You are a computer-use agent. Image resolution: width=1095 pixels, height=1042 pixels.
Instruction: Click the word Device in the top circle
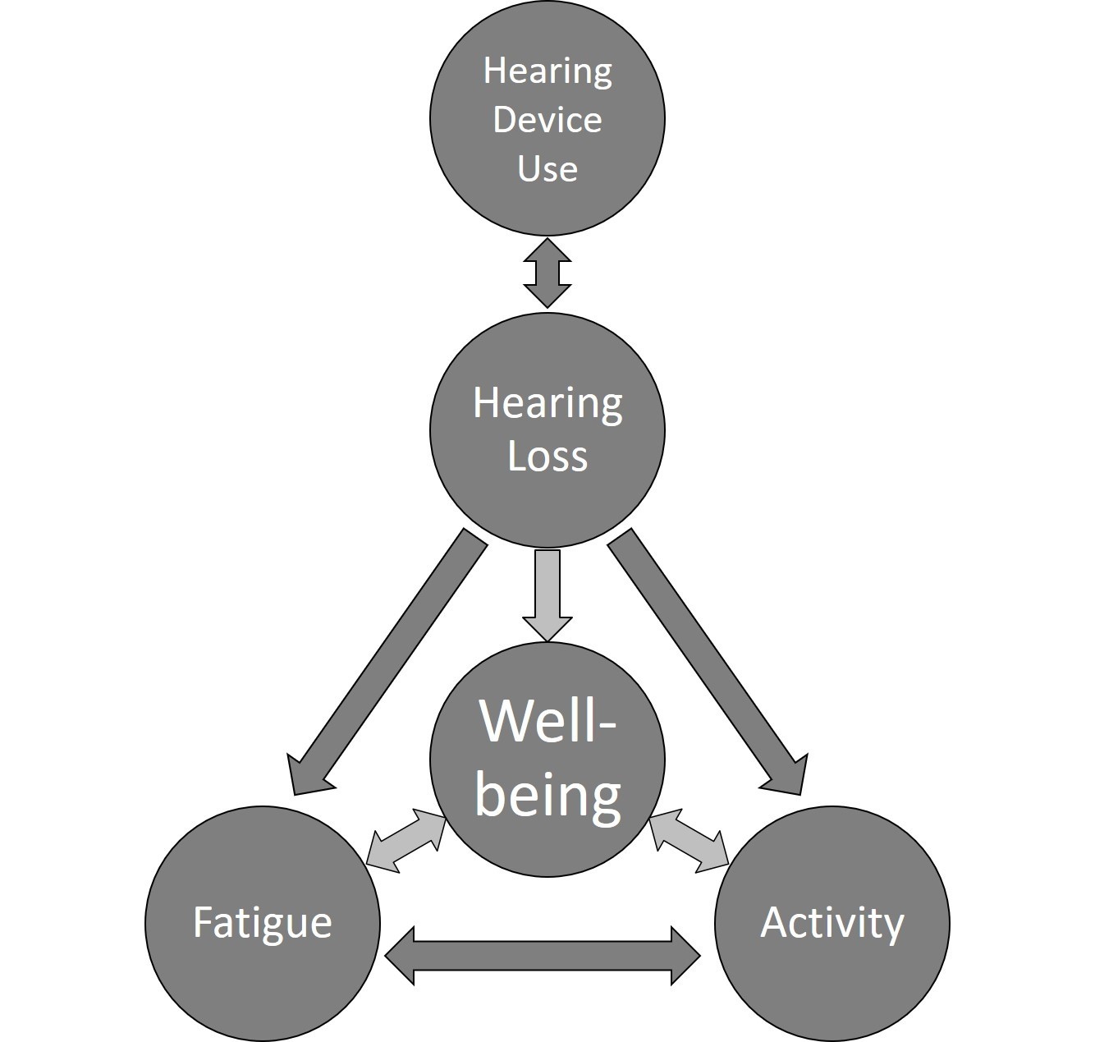click(547, 120)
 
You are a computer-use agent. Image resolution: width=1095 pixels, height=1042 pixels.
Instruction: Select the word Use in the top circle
click(547, 168)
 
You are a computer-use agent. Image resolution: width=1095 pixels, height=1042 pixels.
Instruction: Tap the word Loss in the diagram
click(547, 457)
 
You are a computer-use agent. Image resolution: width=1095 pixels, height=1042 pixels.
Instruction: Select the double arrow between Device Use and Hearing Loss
click(547, 273)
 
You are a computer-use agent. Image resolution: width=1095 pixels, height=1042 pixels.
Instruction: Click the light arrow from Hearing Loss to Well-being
click(547, 595)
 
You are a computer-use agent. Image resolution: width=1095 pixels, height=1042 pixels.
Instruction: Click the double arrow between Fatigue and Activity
click(542, 956)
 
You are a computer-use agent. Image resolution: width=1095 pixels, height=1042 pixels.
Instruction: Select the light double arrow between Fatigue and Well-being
click(406, 841)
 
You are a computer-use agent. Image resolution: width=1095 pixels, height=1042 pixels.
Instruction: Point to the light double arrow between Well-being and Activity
click(689, 841)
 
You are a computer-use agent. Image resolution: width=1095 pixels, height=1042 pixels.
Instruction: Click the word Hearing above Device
click(547, 72)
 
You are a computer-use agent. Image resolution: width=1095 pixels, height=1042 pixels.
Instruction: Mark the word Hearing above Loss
click(547, 404)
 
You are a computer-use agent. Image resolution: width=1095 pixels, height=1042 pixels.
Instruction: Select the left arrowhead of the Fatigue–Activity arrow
click(400, 956)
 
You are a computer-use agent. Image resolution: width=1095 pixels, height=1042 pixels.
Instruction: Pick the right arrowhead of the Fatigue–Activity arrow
click(685, 956)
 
